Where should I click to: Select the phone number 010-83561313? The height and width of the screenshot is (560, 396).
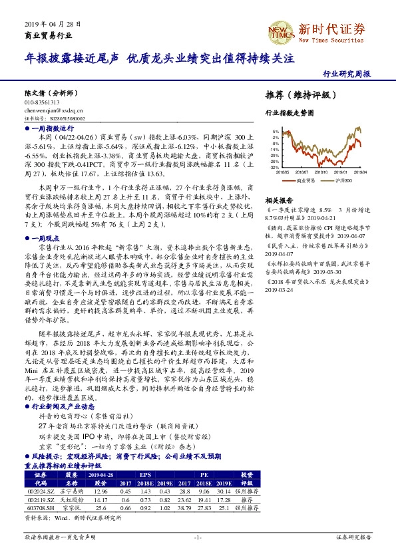41,102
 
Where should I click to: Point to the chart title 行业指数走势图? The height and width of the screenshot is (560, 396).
289,114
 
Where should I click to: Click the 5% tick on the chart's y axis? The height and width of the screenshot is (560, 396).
276,132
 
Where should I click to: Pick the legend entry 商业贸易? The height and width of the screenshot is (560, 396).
305,180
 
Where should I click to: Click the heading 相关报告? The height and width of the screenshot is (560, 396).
279,200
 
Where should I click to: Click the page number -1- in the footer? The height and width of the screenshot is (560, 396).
198,536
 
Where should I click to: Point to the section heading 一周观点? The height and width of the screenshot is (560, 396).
46,237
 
